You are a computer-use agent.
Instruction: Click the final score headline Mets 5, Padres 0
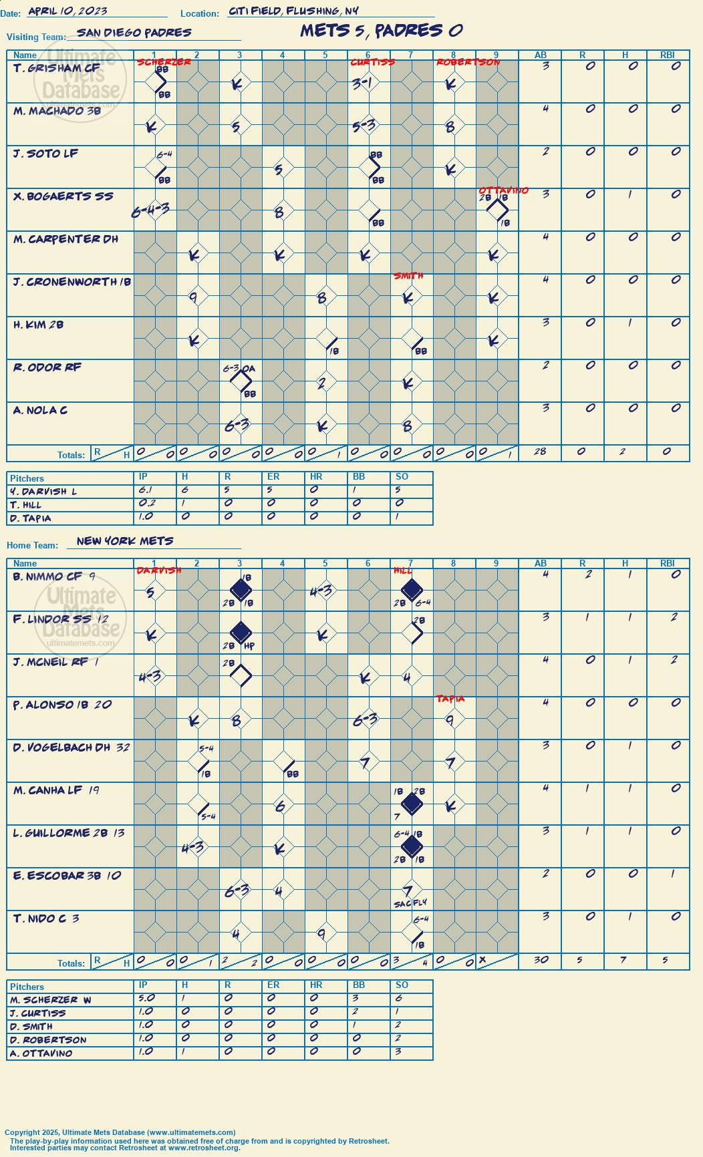point(382,31)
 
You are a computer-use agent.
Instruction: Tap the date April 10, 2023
point(67,11)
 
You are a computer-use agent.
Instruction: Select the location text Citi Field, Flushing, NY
point(293,11)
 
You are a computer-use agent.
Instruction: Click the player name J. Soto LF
point(45,154)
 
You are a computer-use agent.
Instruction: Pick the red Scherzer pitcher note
point(164,62)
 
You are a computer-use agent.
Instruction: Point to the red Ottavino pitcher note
point(503,190)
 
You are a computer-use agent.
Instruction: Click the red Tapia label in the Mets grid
point(450,699)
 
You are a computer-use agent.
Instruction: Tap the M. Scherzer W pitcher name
point(50,1000)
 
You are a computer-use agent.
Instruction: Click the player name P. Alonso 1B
point(62,705)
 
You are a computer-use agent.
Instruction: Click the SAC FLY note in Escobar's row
point(410,903)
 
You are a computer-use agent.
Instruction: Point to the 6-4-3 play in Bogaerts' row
point(150,210)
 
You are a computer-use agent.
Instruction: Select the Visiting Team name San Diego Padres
point(134,32)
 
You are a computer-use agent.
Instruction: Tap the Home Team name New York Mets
point(125,540)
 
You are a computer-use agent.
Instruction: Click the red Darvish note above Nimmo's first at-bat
point(159,570)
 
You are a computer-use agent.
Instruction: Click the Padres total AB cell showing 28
point(540,452)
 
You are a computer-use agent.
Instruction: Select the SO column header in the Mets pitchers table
point(402,985)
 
